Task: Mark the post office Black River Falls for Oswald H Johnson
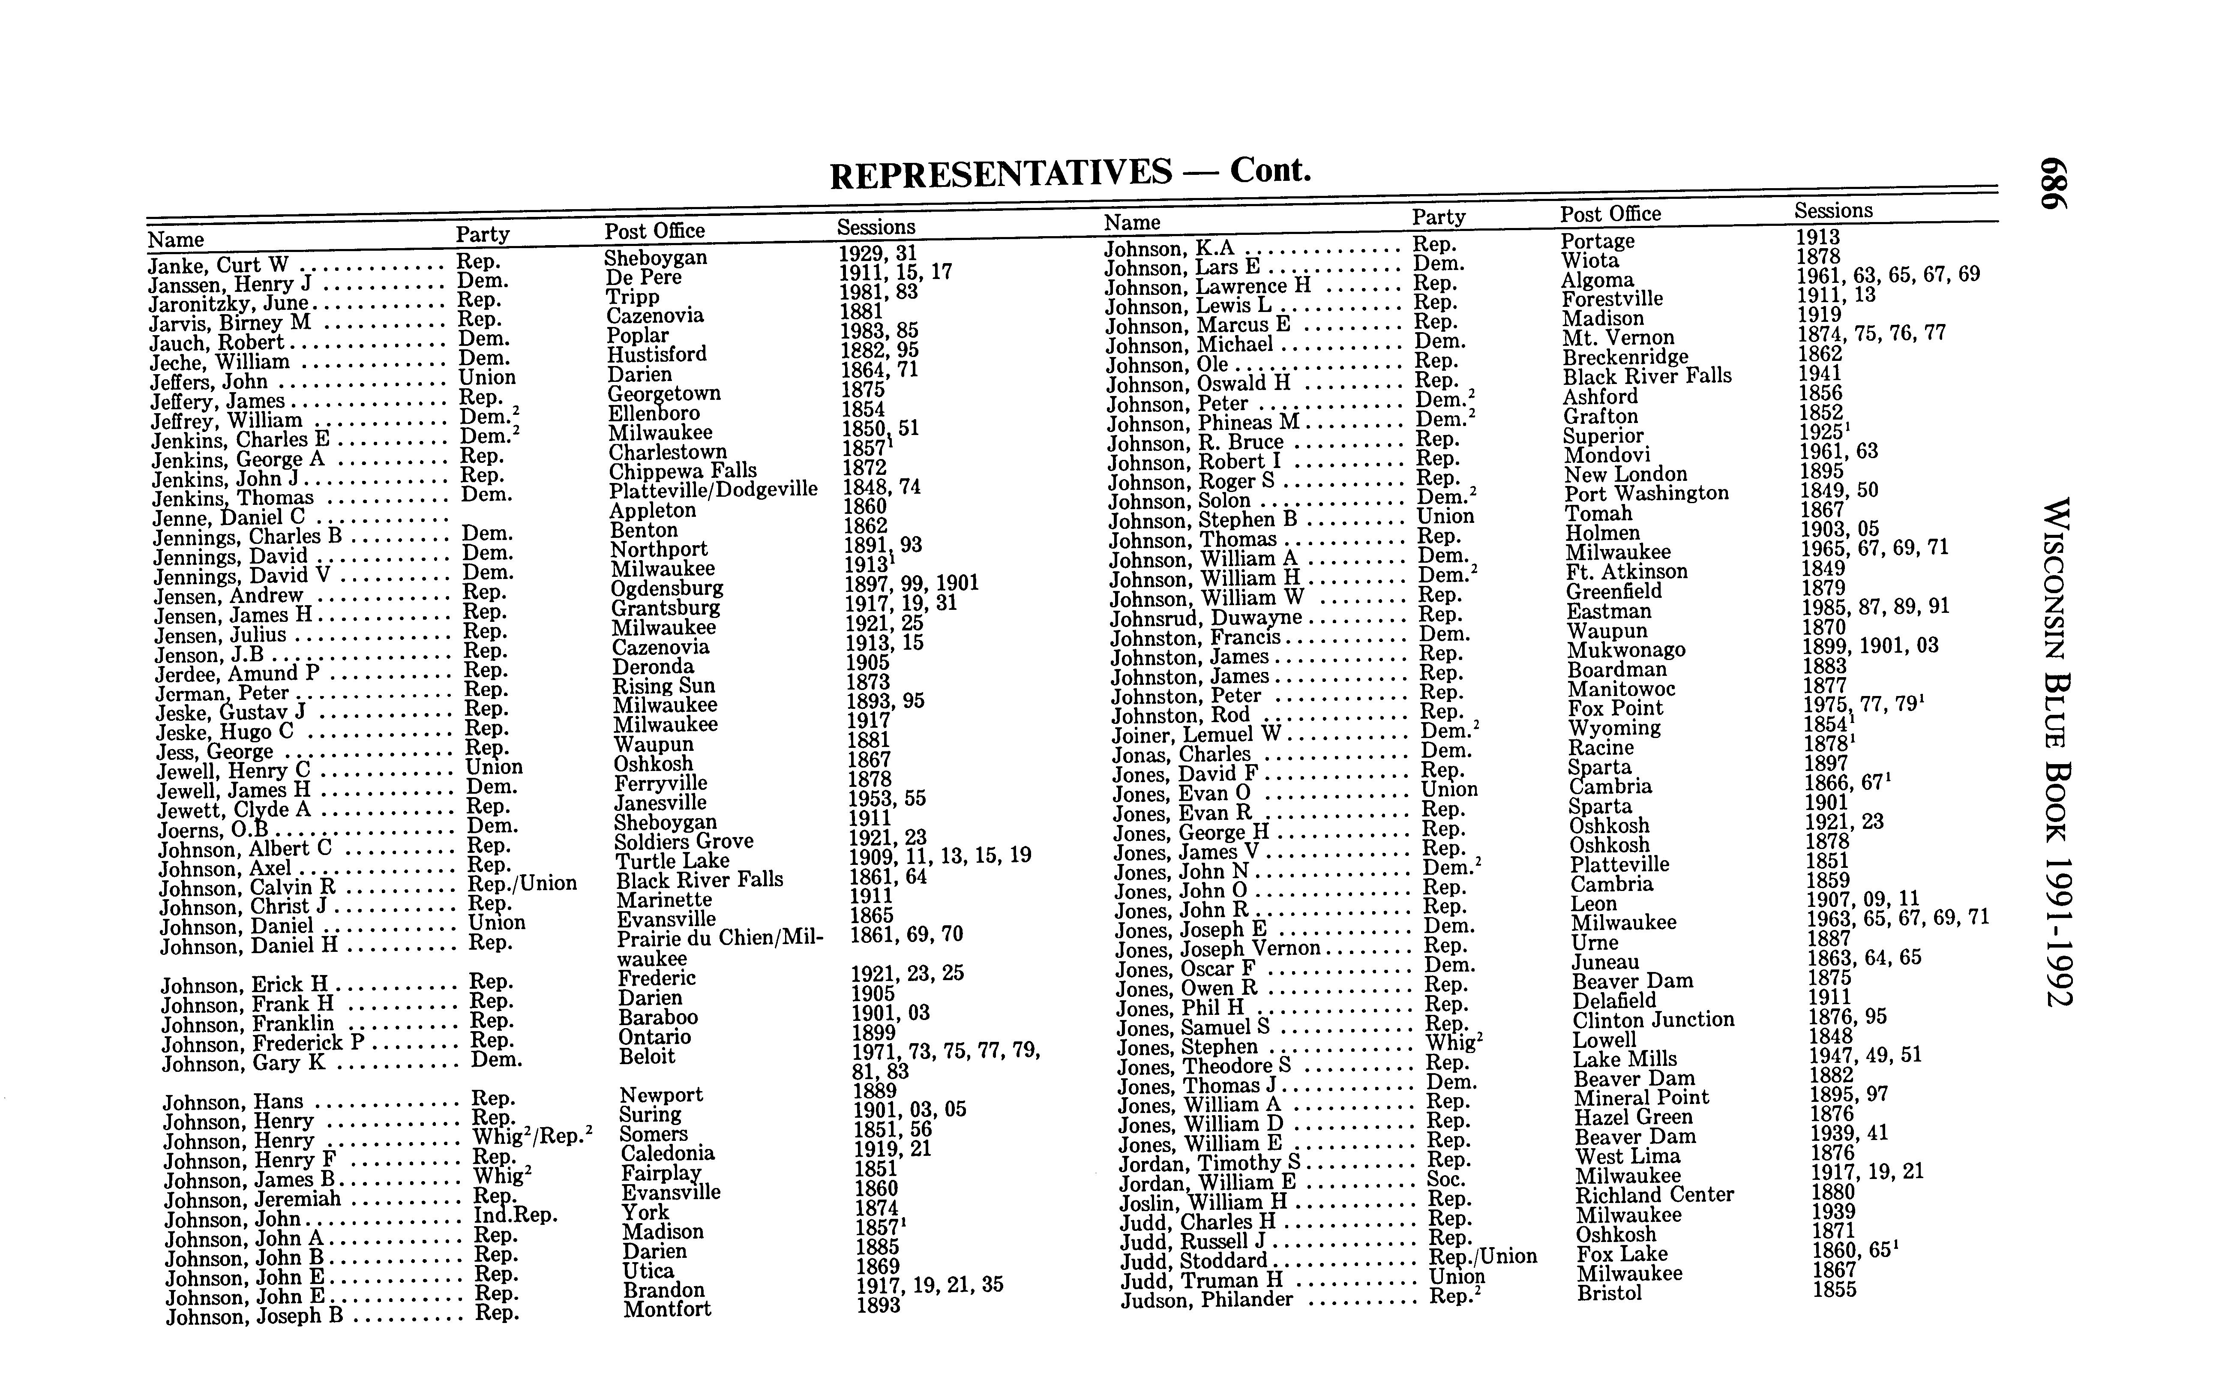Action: (1647, 375)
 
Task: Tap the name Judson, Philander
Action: (1207, 1300)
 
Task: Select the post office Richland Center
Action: (1654, 1195)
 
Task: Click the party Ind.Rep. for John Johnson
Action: (516, 1215)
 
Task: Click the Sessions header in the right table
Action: (1833, 211)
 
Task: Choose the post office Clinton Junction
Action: (1653, 1020)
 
